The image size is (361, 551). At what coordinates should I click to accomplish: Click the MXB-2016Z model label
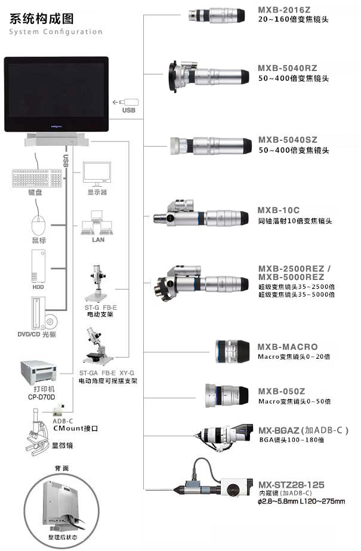click(285, 10)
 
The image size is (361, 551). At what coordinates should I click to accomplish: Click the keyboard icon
click(36, 178)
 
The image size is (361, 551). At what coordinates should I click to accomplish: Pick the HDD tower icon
click(39, 266)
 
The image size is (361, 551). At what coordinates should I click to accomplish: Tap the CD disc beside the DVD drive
click(50, 321)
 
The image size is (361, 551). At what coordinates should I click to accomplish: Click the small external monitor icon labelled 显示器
click(97, 174)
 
